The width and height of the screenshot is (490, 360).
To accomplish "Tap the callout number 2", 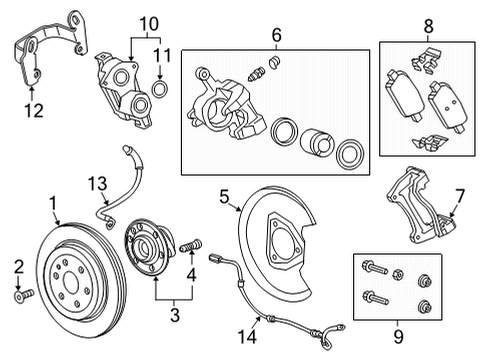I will pos(16,265).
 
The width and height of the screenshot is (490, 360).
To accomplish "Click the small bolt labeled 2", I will pos(25,294).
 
